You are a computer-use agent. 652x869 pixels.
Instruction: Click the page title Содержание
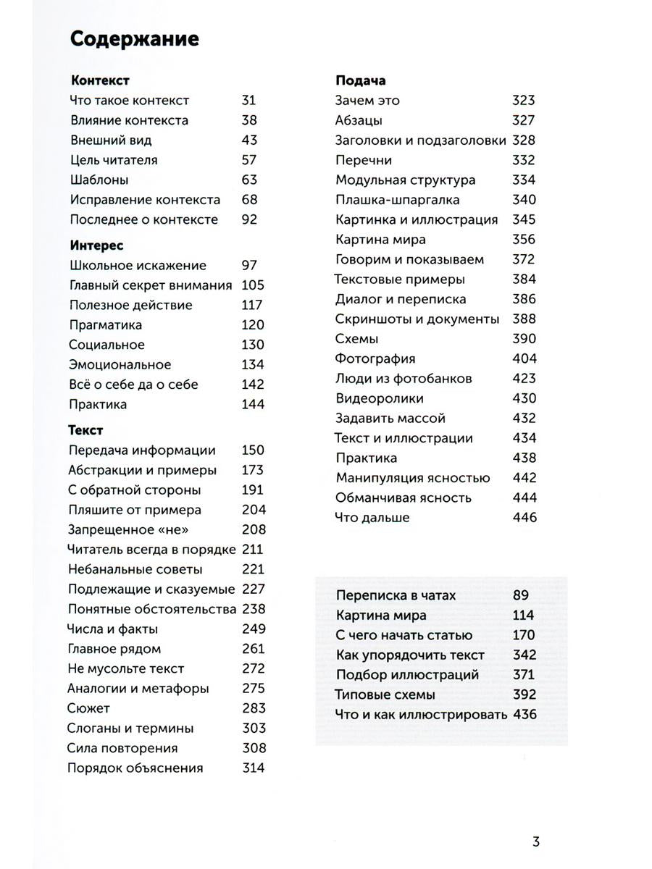134,39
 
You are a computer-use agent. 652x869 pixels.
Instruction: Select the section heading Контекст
100,80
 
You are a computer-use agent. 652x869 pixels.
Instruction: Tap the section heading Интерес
96,245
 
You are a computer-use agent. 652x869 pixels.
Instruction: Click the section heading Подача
360,80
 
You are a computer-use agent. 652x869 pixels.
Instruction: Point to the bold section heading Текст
85,430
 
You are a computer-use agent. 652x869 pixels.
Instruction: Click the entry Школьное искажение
138,266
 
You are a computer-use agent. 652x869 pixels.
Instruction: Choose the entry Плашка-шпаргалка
397,200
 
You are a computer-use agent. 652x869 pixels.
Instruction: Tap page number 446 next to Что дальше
524,517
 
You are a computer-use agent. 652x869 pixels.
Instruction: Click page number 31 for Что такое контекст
248,101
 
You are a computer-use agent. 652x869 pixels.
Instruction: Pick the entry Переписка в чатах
396,595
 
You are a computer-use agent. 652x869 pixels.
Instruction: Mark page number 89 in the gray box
522,595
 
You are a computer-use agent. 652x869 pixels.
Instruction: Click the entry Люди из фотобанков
404,378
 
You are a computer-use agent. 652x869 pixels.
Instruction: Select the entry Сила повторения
122,748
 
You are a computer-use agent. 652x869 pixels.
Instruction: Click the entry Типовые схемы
385,694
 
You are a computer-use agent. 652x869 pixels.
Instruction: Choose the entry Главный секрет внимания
151,285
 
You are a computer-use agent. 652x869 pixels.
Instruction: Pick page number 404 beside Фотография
524,358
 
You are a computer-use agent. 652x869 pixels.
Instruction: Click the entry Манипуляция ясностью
413,477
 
